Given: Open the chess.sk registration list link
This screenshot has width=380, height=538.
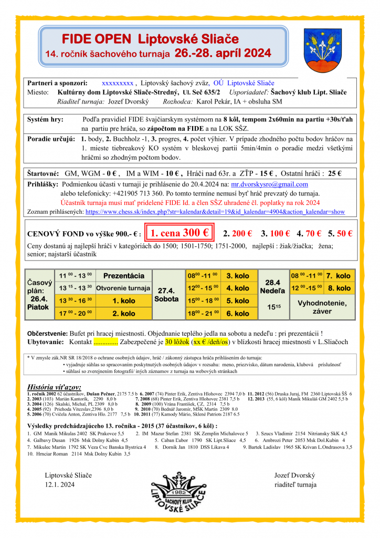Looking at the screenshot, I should [215, 212].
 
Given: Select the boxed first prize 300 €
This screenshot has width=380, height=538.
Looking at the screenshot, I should [180, 233].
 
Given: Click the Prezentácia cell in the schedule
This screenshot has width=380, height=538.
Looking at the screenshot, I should [124, 275].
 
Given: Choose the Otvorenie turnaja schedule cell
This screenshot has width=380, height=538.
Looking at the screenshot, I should [123, 288].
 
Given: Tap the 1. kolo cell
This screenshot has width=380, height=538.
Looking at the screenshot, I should [124, 301].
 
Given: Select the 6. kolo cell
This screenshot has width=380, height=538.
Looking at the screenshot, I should [237, 314].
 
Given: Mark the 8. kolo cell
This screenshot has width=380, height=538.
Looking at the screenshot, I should [338, 288].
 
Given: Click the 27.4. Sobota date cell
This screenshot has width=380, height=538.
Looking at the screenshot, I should [166, 294].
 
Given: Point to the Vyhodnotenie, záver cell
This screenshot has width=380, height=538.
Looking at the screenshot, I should [322, 307].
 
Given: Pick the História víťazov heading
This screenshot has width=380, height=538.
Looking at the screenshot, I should [54, 388].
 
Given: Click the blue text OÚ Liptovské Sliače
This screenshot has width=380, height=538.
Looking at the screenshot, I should [244, 83].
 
